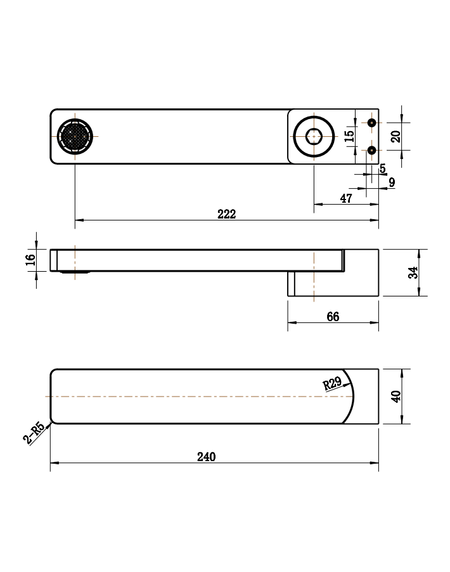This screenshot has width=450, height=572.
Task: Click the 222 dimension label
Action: point(227,213)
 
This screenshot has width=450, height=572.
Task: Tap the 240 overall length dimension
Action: point(206,457)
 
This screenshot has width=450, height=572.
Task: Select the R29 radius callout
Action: point(333,383)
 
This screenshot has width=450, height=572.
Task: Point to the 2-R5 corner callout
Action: point(34,433)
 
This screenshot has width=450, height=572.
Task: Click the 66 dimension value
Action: point(333,317)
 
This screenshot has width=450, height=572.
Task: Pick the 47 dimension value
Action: point(346,198)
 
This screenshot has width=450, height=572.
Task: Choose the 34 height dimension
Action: point(413,272)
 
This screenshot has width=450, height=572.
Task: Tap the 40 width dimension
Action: point(395,396)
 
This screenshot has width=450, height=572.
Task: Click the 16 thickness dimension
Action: point(30,260)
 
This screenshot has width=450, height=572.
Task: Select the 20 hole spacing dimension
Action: point(395,136)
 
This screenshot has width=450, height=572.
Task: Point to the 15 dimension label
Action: point(349,136)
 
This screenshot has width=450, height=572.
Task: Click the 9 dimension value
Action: point(392,182)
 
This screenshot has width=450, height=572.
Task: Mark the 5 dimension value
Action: point(382,168)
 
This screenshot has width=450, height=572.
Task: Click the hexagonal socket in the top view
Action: point(314,136)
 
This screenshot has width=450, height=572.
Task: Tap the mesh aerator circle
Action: point(75,136)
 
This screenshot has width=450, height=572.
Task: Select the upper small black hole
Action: point(371,123)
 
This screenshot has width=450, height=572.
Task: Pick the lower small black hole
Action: point(371,150)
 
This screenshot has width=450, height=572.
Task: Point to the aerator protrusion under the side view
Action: point(75,272)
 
